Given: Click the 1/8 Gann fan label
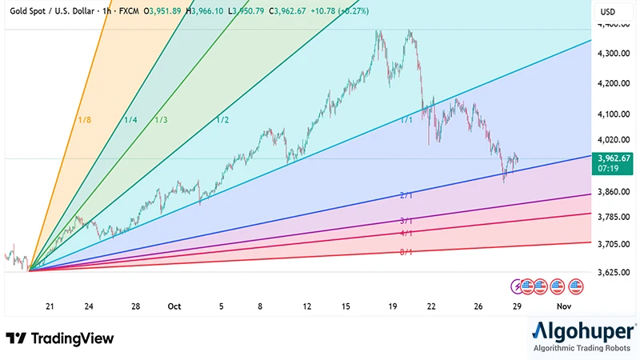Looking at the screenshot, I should point(84,120).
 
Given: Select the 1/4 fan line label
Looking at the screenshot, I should point(130,120).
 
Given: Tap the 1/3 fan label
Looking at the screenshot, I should point(161,120).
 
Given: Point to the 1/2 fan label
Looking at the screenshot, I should point(222,120).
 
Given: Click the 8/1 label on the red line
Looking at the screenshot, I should point(406,252).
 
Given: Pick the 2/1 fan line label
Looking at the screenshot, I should point(406,195).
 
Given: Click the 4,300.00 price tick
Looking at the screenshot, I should point(614,54).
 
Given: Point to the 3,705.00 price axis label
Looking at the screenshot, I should point(614,244).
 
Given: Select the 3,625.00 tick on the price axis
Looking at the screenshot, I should point(614,273).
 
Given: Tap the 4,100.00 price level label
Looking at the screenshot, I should point(614,114).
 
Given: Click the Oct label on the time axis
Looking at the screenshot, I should point(174,306).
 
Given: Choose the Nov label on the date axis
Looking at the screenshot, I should point(564,306).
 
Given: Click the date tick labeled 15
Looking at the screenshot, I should point(346,306).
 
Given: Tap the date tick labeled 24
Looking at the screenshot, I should point(89,306).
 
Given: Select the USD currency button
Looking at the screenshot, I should point(608,12).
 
